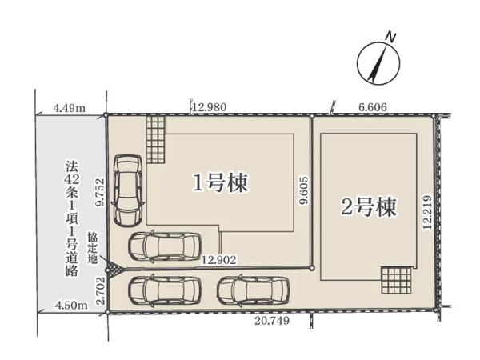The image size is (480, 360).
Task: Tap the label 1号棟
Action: (x=220, y=182)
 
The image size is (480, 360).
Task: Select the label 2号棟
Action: (x=368, y=206)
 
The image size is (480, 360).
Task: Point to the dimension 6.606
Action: (x=374, y=106)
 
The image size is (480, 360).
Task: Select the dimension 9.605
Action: (x=304, y=192)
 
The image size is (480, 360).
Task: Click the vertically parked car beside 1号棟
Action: (x=128, y=189)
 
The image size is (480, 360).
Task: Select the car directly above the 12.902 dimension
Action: (x=162, y=246)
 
